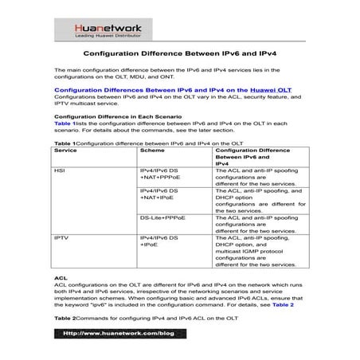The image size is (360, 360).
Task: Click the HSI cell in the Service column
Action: pyautogui.click(x=60, y=171)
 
